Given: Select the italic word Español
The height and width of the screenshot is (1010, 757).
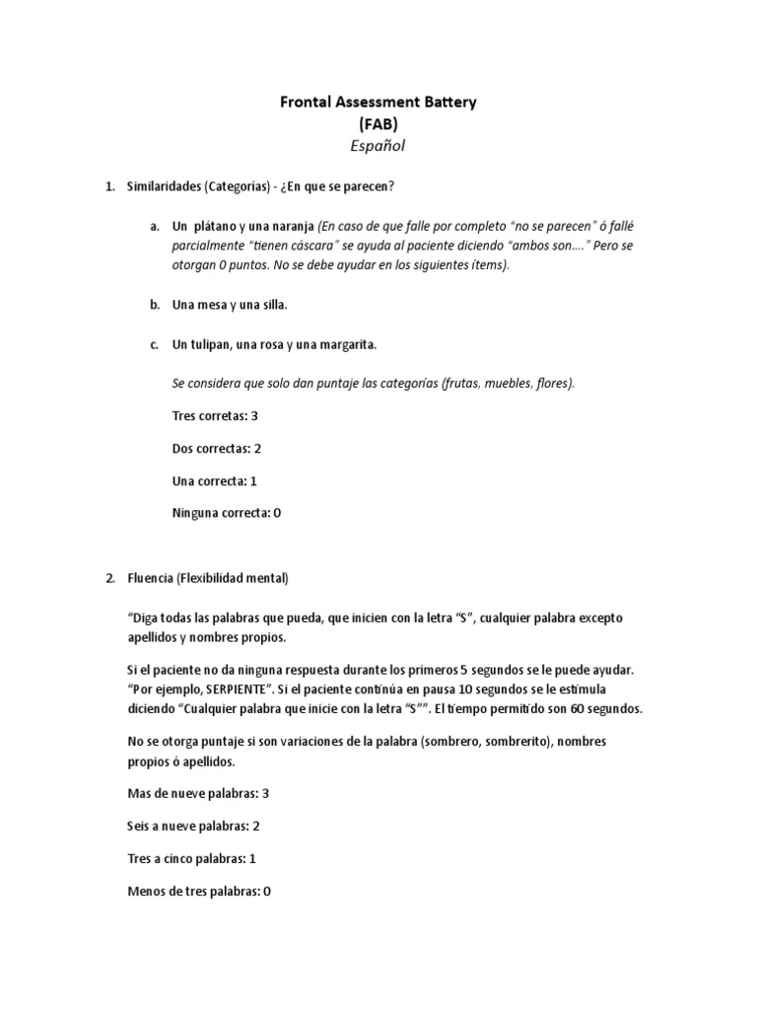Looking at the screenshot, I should (378, 146).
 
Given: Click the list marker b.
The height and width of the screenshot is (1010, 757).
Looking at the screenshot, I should (155, 305).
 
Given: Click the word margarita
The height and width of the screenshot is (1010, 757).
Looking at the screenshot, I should (346, 344).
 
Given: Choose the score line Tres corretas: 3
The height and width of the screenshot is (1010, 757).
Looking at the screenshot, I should (215, 415).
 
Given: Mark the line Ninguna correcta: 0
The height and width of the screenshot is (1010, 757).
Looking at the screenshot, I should (227, 513).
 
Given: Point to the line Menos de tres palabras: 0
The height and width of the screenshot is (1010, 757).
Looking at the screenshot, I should (199, 891).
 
